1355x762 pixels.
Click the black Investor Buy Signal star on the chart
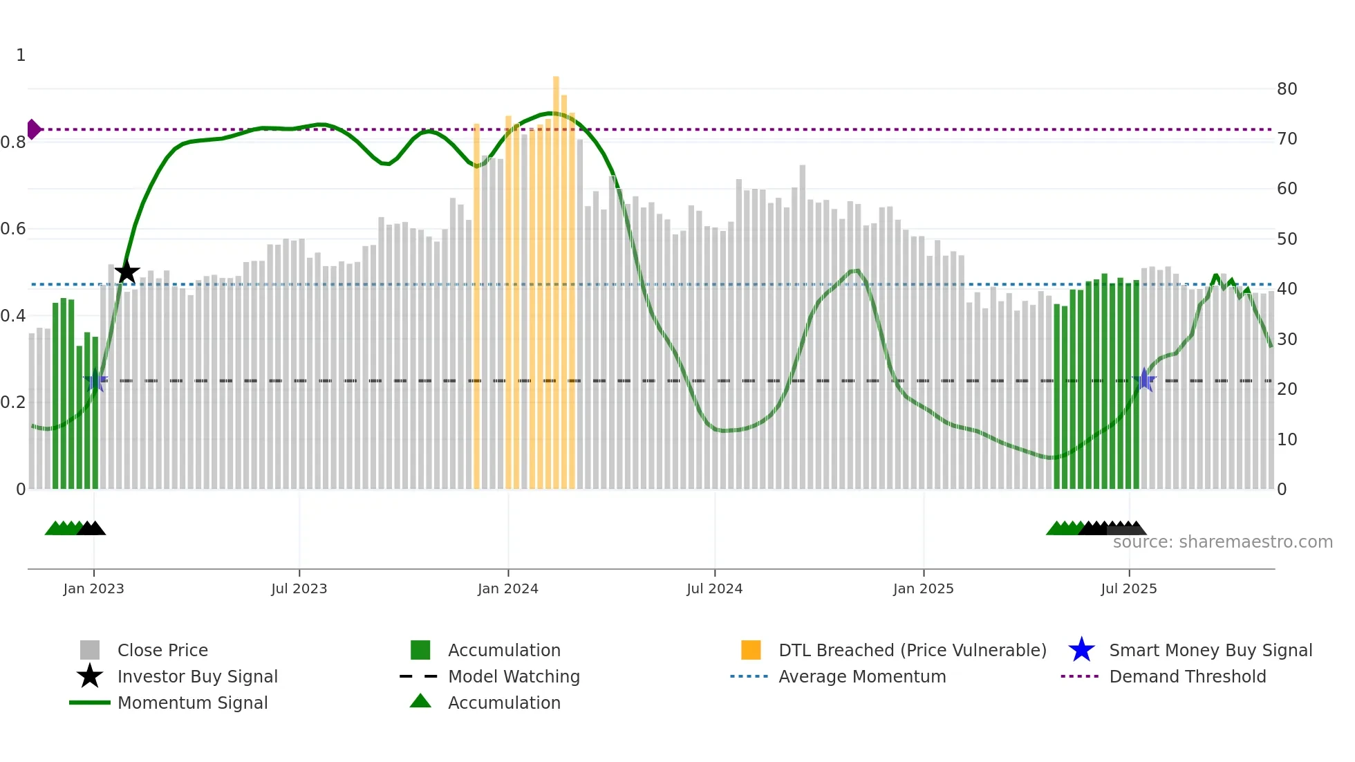[x=127, y=272]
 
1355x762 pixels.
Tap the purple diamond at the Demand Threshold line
[x=33, y=129]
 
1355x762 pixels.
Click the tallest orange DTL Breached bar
[x=556, y=277]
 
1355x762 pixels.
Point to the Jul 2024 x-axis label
[x=714, y=588]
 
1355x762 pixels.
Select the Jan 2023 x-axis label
[x=93, y=588]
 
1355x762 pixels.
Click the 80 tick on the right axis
[x=1287, y=89]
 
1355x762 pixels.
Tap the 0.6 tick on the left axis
[x=13, y=229]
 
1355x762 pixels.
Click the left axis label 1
[x=21, y=55]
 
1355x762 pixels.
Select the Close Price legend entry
[x=162, y=650]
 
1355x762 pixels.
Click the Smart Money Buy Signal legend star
[x=1081, y=650]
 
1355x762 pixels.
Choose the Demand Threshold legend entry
[x=1187, y=676]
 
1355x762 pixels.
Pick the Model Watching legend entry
[x=513, y=676]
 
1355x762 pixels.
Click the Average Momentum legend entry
[x=861, y=676]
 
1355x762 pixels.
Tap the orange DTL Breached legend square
[x=751, y=650]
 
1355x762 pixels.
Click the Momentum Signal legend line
[x=90, y=703]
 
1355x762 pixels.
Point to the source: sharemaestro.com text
[x=1222, y=542]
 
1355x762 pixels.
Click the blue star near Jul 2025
[x=1144, y=380]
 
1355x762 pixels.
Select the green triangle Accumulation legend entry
[x=504, y=703]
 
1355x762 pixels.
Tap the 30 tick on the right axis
[x=1287, y=339]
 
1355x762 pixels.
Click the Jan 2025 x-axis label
[x=923, y=588]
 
